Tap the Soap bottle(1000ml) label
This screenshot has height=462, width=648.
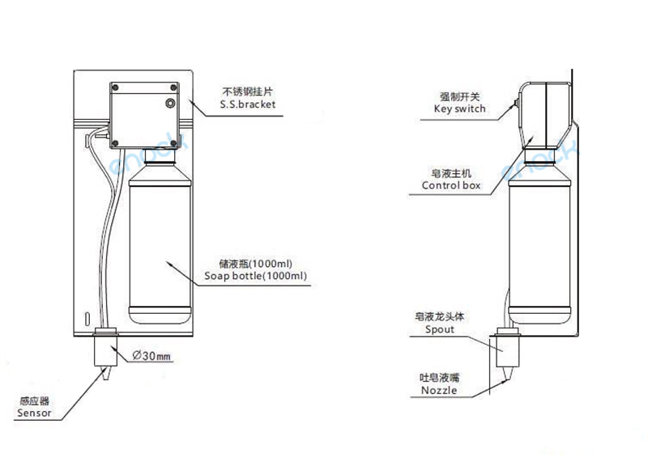tap(255, 277)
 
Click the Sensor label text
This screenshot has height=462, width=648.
tap(34, 412)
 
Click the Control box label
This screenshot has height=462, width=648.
tap(451, 185)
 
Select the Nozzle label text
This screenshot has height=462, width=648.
tap(439, 391)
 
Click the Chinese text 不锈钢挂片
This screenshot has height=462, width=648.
tap(247, 91)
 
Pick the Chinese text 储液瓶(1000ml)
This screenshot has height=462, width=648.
tap(255, 263)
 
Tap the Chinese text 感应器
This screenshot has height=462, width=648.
tap(34, 400)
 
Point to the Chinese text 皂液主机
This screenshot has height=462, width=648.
tap(452, 173)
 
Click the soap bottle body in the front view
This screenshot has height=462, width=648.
tap(160, 243)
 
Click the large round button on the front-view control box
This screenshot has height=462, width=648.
tap(170, 104)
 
